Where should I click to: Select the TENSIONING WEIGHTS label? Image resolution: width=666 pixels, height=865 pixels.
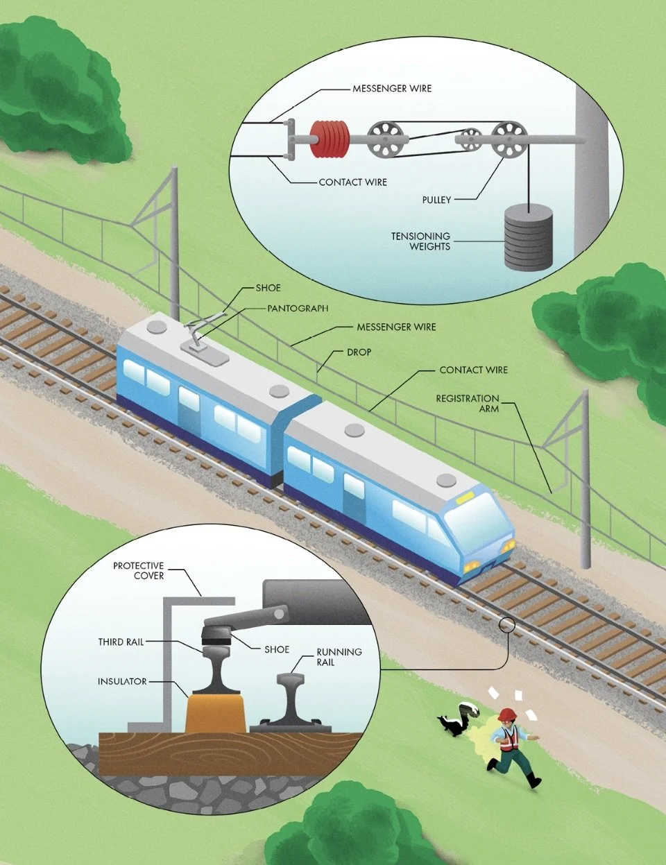click(420, 241)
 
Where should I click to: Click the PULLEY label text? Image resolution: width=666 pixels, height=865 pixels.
click(436, 200)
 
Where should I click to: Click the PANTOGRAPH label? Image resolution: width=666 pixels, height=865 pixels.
click(298, 308)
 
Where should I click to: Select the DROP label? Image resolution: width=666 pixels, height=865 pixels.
click(359, 352)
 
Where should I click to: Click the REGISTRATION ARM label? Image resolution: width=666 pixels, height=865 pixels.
click(468, 404)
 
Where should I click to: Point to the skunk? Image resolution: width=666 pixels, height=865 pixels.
click(459, 719)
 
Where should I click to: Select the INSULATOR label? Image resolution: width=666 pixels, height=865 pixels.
click(122, 682)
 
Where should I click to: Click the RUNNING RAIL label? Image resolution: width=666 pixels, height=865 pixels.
click(339, 657)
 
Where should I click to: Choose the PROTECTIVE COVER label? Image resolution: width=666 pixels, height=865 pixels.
click(139, 571)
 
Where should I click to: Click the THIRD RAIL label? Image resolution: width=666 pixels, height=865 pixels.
click(121, 642)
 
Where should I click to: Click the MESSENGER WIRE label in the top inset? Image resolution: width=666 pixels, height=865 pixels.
click(392, 89)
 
